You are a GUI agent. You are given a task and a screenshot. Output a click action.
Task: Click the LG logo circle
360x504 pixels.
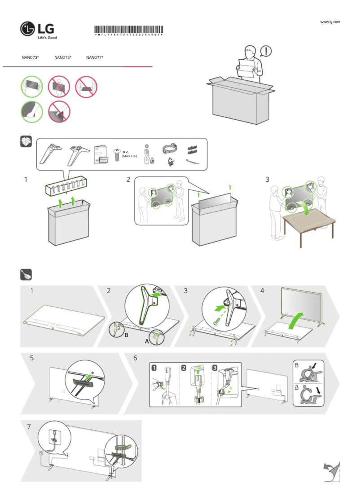coord(28,30)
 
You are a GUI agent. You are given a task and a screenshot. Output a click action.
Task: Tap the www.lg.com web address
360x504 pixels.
coord(330,22)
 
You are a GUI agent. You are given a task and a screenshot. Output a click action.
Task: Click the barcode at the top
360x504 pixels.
coord(128,31)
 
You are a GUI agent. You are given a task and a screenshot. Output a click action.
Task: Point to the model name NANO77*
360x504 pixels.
coord(95,57)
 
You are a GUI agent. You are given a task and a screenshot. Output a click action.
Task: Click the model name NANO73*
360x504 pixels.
coord(31,57)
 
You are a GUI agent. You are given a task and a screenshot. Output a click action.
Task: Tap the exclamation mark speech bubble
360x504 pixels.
coord(266,51)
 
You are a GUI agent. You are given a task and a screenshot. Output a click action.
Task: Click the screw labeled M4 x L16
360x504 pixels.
coord(118,153)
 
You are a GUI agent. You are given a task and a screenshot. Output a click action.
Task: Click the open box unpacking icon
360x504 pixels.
coord(26,142)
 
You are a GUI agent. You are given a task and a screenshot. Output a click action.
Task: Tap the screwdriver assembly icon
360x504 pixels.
coord(26,274)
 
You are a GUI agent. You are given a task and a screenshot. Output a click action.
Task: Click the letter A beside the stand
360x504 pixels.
coord(146,341)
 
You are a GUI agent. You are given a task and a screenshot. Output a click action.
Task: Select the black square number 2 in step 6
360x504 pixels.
coord(184,368)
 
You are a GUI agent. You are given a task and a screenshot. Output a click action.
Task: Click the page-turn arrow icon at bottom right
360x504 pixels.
coord(331,472)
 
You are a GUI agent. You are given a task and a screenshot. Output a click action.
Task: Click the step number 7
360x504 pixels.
coord(29,426)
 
